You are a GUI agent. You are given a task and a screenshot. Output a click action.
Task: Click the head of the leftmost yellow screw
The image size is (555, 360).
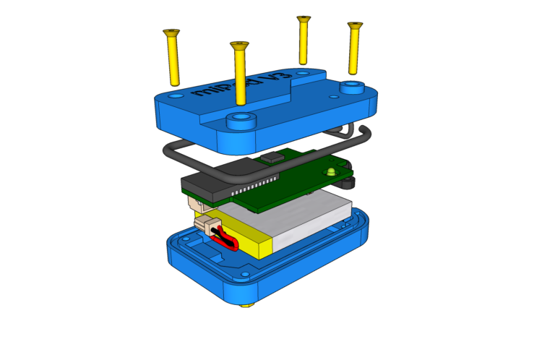coord(171,33)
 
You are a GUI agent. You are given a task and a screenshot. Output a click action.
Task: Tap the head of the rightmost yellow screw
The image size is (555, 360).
coord(355,26)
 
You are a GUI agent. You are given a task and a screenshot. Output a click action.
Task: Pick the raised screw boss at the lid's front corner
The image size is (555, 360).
coord(241,119)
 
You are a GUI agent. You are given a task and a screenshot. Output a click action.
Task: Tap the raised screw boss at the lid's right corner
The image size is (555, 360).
coord(352,88)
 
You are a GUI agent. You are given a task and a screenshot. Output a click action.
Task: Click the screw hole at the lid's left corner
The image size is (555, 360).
coord(176,95)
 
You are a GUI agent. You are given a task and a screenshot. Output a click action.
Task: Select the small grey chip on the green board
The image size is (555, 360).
coord(272,157)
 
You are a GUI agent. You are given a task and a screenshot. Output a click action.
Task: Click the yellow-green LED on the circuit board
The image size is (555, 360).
coord(331,171)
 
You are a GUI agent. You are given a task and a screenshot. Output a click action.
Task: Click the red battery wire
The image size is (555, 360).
coord(229,239)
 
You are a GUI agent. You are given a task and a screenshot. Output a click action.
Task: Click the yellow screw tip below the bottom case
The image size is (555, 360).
coord(246,304)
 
